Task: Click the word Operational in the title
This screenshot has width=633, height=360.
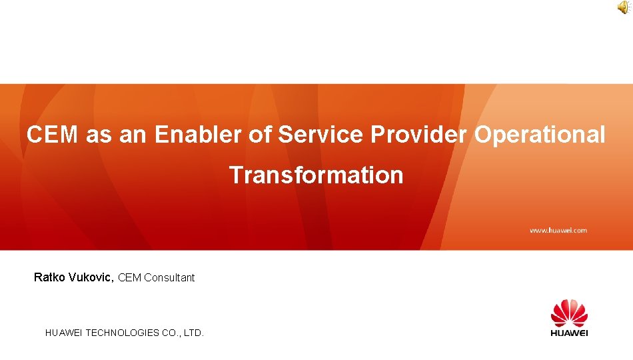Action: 540,135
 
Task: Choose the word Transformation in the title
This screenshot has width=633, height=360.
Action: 316,175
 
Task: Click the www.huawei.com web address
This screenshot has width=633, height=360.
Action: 558,230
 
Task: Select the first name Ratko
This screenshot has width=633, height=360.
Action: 49,277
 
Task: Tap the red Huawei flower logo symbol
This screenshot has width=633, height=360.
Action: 569,313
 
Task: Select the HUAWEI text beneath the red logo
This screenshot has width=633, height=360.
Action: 569,332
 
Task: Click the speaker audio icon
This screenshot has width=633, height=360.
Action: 622,7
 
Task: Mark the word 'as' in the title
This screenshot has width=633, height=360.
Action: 99,135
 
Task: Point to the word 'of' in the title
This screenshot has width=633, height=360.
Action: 260,135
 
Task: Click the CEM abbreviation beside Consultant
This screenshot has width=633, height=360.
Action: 129,278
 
